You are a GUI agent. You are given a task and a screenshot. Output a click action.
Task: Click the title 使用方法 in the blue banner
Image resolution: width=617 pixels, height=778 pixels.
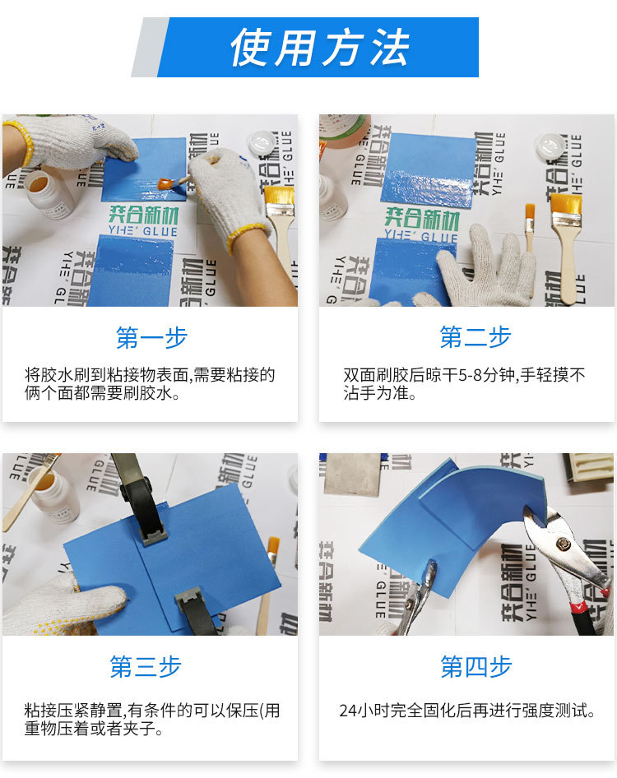(x=320, y=47)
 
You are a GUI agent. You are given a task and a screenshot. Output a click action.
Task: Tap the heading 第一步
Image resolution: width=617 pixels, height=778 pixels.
(x=151, y=338)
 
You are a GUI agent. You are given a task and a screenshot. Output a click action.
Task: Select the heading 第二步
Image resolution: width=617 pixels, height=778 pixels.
(x=475, y=337)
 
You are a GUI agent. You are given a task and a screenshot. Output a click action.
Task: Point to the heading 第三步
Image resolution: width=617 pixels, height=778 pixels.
(x=146, y=666)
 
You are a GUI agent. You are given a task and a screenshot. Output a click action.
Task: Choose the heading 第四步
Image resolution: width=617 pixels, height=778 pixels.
(x=476, y=666)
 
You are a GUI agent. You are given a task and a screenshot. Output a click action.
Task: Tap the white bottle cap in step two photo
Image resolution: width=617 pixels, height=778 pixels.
(x=551, y=146)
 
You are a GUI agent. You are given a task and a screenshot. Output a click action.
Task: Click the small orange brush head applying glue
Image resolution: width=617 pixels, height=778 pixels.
(x=166, y=183)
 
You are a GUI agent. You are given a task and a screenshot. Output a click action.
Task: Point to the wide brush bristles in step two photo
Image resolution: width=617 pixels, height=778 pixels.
(x=566, y=204)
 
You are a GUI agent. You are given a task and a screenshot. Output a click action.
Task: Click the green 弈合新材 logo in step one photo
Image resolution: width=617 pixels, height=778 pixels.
(x=144, y=215)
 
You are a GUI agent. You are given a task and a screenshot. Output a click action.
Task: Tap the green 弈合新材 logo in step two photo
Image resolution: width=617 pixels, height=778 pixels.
(x=422, y=218)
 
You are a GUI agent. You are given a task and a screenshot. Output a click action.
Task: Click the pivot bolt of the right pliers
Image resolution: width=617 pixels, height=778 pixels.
(x=563, y=544)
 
